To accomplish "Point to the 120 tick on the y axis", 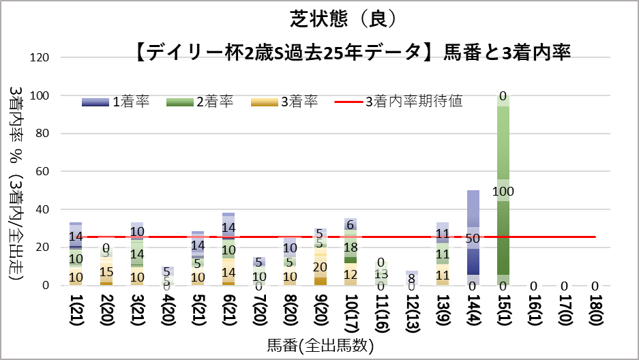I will click(x=41, y=57).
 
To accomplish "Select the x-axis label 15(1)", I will click(x=503, y=314).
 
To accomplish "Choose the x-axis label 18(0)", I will click(x=595, y=314).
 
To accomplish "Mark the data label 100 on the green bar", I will click(x=503, y=192).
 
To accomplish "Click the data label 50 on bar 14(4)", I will click(x=473, y=239).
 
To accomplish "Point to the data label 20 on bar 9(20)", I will click(x=320, y=267).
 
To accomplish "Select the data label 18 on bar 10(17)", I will click(x=351, y=247).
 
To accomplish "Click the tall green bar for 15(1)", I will click(x=503, y=150).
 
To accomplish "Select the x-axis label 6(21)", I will click(x=228, y=314).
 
